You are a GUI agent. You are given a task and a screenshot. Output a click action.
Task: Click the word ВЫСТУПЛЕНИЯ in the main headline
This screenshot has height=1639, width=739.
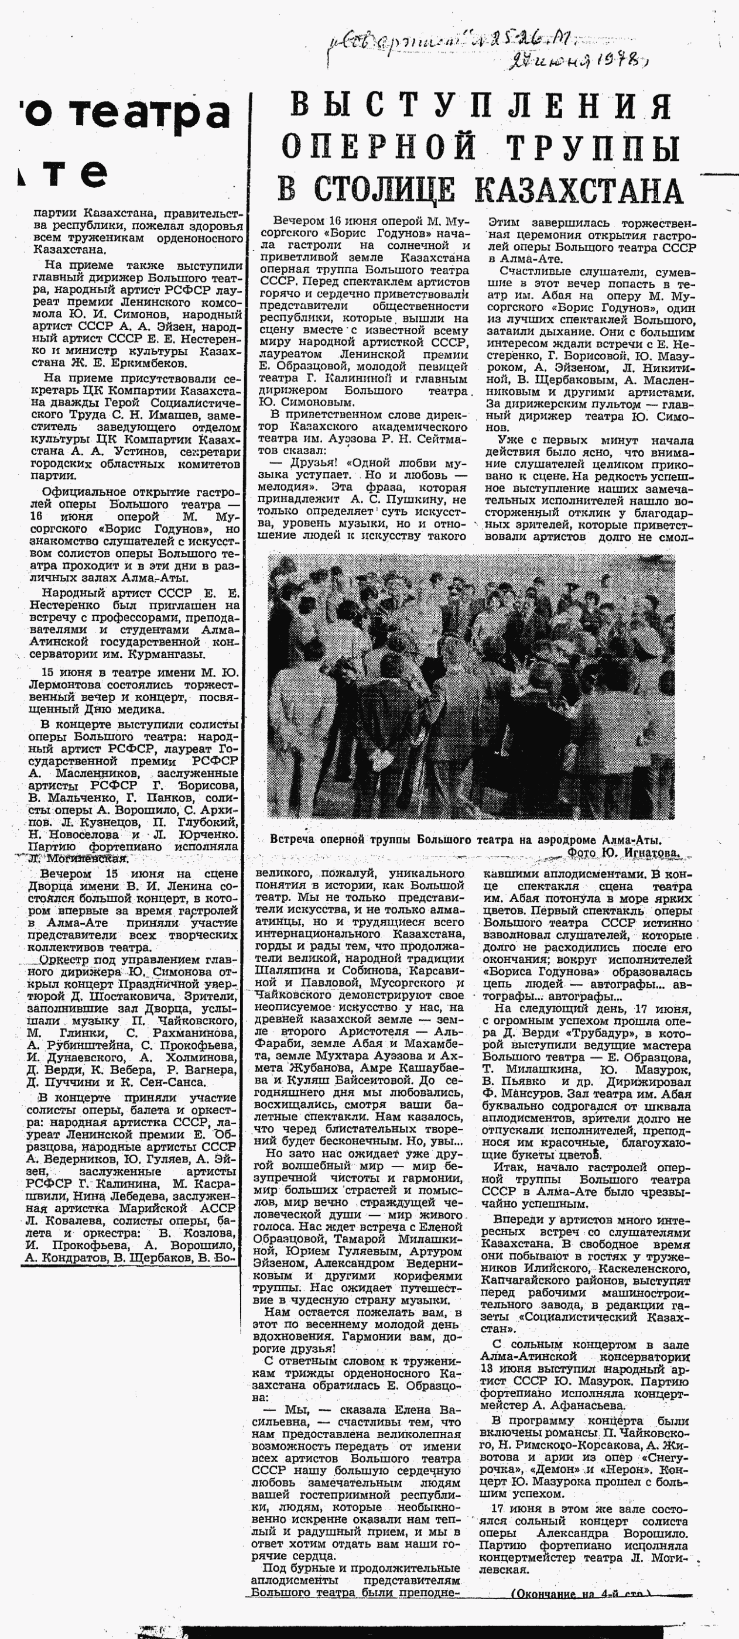click(481, 105)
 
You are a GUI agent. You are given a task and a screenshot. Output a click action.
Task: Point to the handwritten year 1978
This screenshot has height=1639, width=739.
click(605, 61)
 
